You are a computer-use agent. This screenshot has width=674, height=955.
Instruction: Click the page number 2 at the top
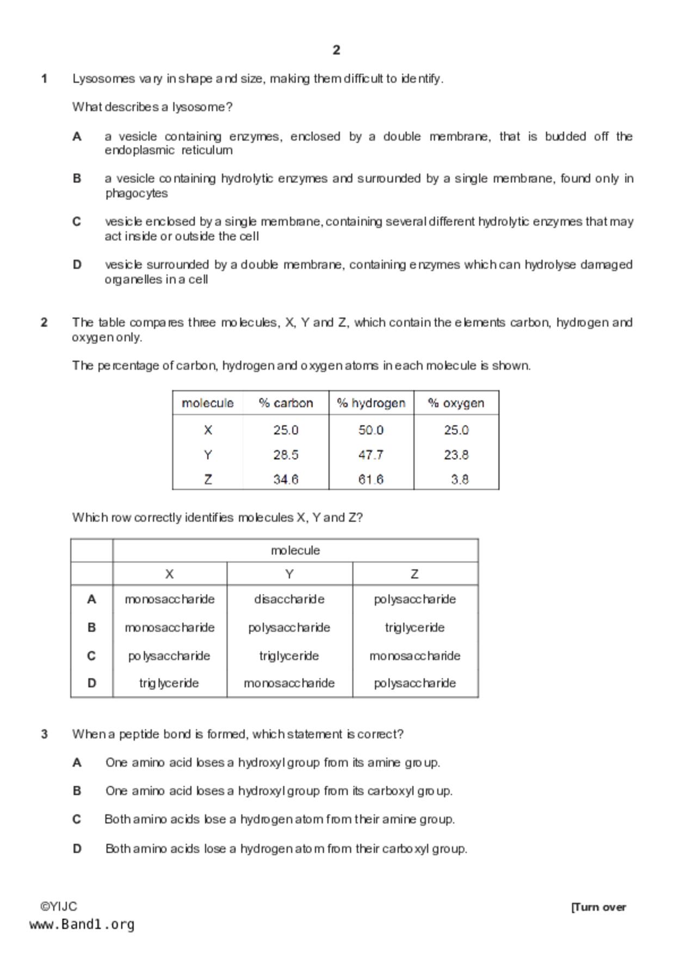336,50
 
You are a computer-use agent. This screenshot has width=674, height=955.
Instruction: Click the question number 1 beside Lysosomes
44,79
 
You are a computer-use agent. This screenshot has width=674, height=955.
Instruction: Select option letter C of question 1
77,222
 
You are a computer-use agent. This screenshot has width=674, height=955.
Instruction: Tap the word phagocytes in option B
137,193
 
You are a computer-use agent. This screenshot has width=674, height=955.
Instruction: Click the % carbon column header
286,403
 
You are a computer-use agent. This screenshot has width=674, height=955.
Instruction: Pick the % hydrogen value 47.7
371,455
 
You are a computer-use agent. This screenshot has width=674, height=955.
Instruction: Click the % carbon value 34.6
286,479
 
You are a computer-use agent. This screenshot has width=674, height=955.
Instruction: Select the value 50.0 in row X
371,430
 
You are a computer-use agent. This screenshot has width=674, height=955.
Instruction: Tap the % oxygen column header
456,403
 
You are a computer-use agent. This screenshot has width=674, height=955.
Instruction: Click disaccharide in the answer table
289,599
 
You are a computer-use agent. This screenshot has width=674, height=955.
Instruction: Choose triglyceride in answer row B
415,627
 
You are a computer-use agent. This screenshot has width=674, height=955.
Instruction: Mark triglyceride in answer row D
169,683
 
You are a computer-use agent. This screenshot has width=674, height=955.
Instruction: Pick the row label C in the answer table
91,656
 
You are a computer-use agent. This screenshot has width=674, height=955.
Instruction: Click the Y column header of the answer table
289,574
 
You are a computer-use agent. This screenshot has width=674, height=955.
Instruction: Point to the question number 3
44,734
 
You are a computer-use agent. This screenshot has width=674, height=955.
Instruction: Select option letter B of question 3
77,791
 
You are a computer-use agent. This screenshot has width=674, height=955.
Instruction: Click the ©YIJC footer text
59,907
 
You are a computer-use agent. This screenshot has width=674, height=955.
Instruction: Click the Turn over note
598,907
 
